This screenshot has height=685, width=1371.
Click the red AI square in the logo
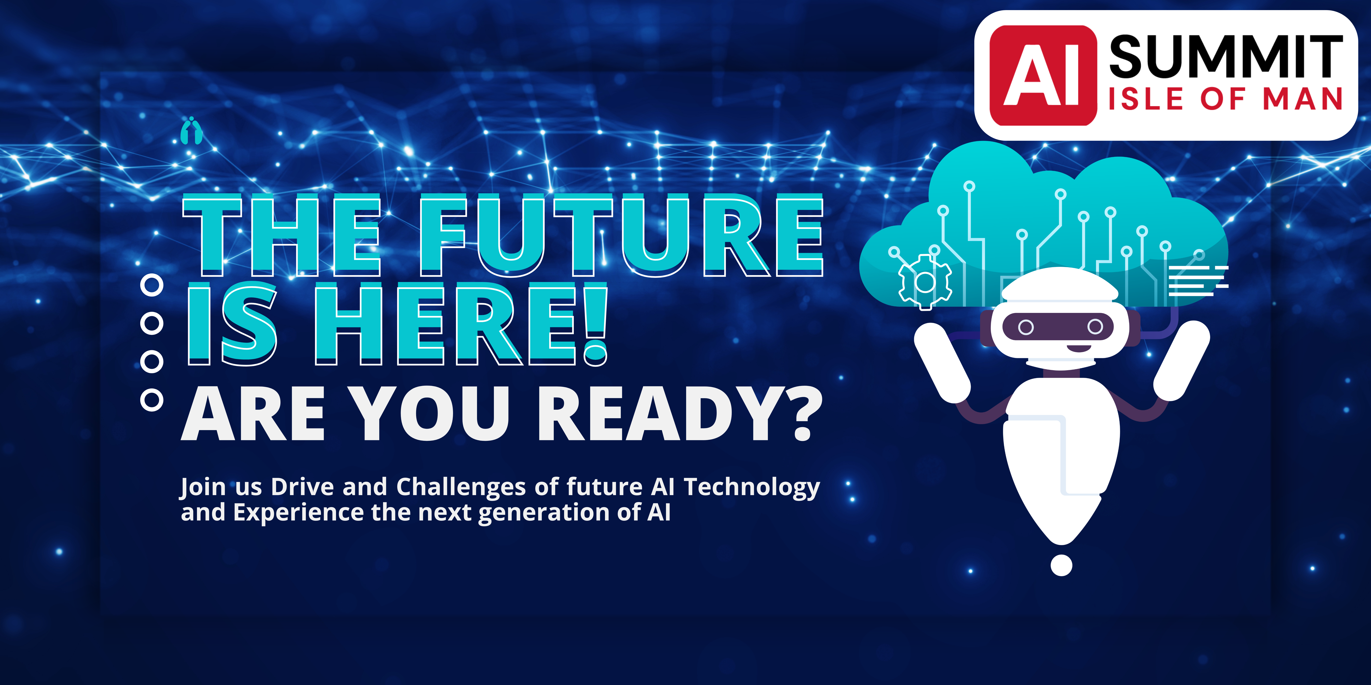click(x=1043, y=76)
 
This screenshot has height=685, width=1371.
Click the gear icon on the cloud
click(x=925, y=282)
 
